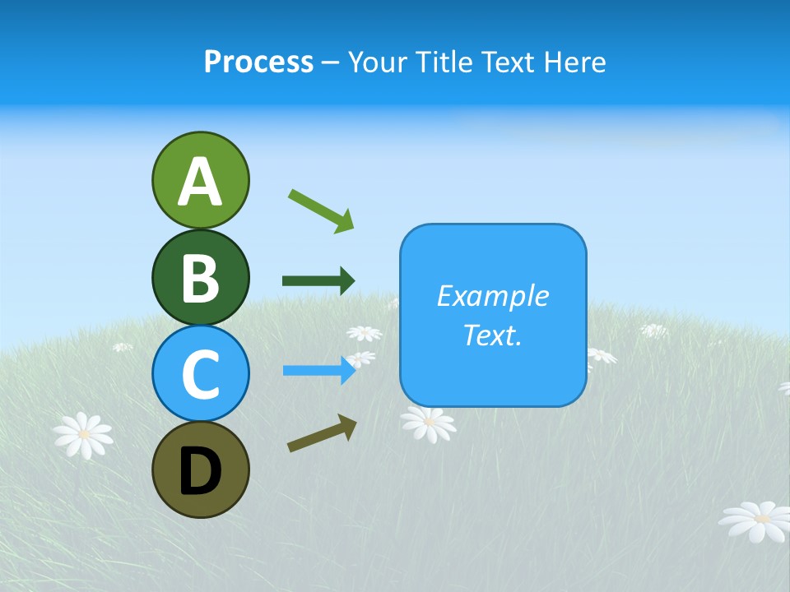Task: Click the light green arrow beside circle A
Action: click(321, 210)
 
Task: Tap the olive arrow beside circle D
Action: click(322, 433)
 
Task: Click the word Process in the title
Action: click(258, 62)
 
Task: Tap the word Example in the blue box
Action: click(493, 296)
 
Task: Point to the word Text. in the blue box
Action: click(493, 335)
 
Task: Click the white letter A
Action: click(200, 182)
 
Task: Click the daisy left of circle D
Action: click(83, 434)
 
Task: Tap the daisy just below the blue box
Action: click(428, 423)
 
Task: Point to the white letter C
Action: click(200, 374)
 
